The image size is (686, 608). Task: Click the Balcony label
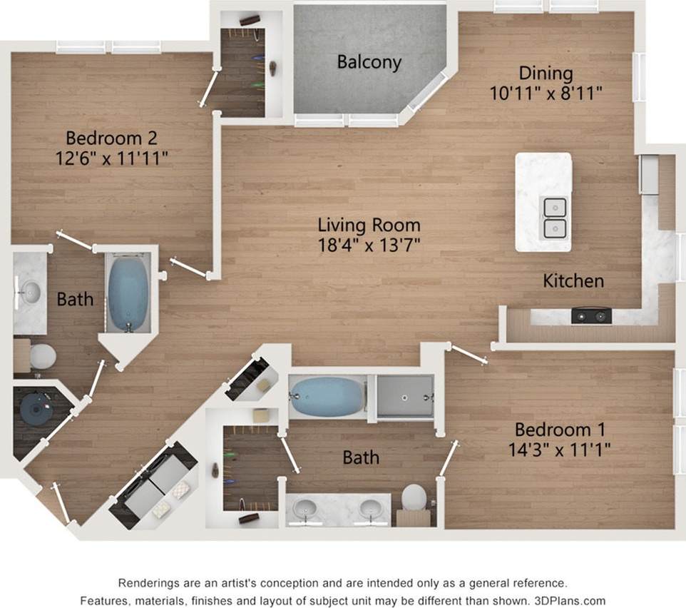[369, 62]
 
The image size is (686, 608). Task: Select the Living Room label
[369, 226]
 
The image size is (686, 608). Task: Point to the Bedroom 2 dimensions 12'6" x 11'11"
[111, 157]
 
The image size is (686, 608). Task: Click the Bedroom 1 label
[560, 430]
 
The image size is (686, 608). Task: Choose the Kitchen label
[573, 280]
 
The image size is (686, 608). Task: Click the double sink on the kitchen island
[555, 218]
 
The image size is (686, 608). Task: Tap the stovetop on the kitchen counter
[591, 315]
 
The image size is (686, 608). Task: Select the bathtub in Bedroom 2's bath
[128, 293]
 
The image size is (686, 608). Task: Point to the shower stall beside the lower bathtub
[405, 396]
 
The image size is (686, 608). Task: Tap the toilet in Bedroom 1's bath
[414, 497]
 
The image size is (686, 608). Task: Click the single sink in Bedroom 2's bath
[30, 291]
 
